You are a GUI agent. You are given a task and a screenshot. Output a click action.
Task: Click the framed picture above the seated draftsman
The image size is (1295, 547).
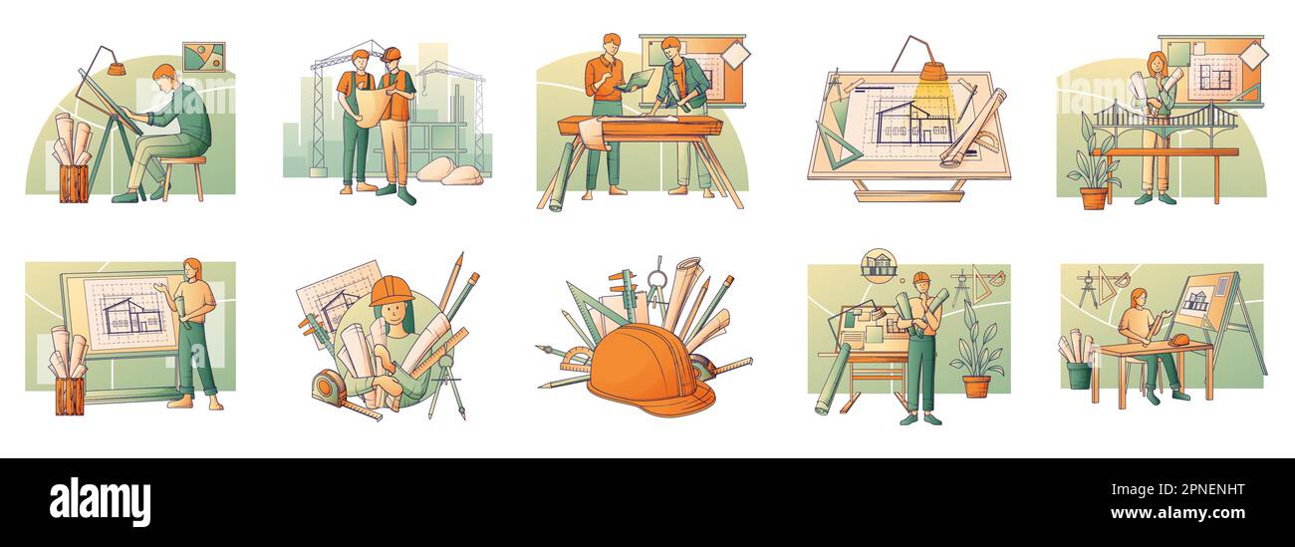[x=203, y=57]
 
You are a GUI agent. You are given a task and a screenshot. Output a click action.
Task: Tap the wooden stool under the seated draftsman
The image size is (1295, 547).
[x=184, y=173]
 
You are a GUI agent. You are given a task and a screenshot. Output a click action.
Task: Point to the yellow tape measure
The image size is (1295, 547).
[x=331, y=389]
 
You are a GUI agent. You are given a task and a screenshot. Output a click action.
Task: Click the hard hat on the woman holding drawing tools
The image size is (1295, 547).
[x=390, y=291]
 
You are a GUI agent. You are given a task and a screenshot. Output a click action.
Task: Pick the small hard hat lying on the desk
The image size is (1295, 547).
[x=1179, y=340]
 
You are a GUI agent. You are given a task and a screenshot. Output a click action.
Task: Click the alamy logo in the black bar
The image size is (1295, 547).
[x=100, y=501]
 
